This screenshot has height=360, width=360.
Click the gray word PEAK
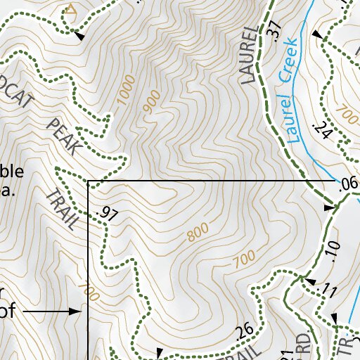[64, 138]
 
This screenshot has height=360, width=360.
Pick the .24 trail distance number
[322, 129]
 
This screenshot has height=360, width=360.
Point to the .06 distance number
[347, 185]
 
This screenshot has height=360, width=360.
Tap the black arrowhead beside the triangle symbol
[81, 35]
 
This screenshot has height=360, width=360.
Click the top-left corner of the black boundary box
[87, 181]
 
